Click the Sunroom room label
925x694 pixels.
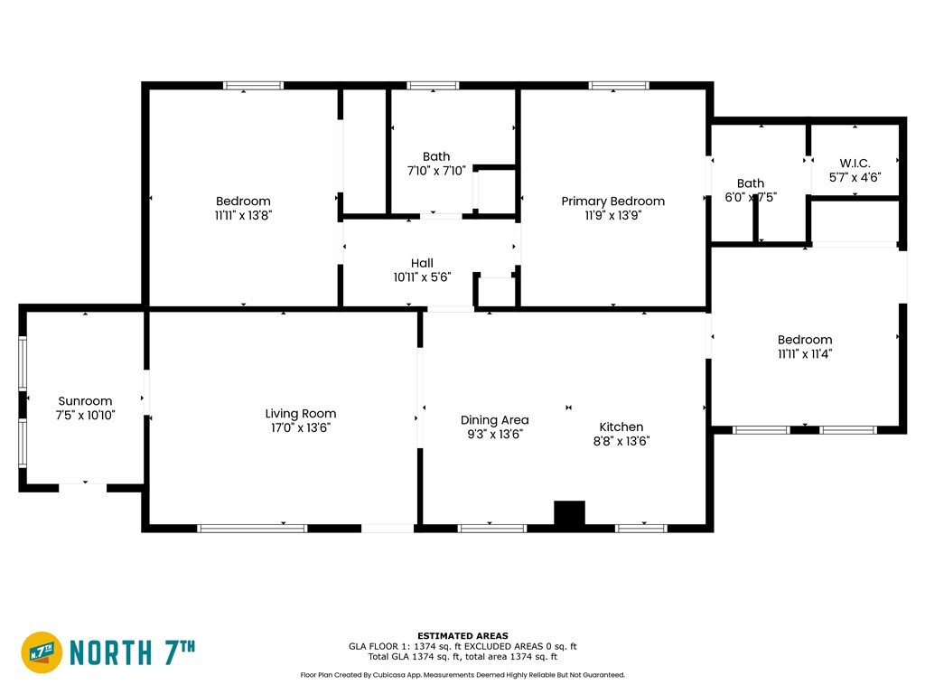(x=85, y=401)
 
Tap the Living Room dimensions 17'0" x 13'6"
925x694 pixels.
(x=300, y=427)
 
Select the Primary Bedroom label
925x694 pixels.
(x=613, y=202)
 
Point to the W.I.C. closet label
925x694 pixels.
(x=855, y=163)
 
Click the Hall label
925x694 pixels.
(x=422, y=263)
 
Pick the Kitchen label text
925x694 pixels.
(x=621, y=427)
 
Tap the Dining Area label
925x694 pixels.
(x=494, y=420)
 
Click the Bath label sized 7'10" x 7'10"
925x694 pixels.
(x=436, y=156)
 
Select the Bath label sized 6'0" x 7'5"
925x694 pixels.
(x=751, y=183)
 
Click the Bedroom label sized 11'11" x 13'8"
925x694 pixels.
(x=243, y=202)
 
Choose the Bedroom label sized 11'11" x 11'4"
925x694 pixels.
(x=805, y=340)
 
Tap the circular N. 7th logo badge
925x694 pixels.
(x=42, y=652)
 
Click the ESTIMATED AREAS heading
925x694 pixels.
(x=462, y=636)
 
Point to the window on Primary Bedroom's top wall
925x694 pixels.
(x=619, y=86)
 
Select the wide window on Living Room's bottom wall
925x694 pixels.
(x=252, y=528)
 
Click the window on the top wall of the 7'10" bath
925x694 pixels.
(x=433, y=86)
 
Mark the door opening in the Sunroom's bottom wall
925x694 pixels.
(x=82, y=488)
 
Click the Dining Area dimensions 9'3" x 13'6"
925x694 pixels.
(x=494, y=435)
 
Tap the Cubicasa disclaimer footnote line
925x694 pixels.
(x=462, y=675)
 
